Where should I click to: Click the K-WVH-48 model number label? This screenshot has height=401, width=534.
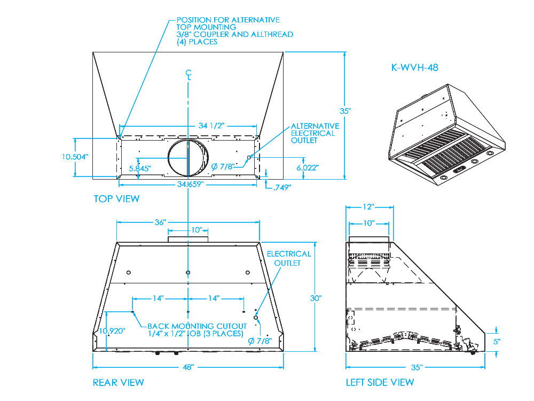click(415, 68)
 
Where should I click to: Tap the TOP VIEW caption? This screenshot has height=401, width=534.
click(116, 199)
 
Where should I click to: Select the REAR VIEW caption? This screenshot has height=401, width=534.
click(118, 382)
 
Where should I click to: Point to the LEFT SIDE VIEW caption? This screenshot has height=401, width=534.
click(380, 382)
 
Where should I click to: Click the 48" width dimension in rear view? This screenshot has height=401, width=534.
click(188, 367)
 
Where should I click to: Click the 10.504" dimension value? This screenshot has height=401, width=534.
click(75, 157)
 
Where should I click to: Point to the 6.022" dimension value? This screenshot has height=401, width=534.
click(307, 167)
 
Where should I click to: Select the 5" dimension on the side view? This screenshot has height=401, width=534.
click(497, 341)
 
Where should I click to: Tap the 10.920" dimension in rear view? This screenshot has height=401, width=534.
click(112, 331)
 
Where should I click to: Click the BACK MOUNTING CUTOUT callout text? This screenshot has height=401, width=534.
click(197, 330)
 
